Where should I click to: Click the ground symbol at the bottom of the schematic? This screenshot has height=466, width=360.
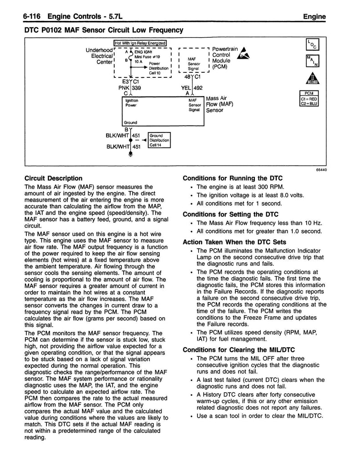[131, 155]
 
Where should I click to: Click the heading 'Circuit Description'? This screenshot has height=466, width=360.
[53, 178]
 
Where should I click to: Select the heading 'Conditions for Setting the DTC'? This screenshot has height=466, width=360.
[230, 214]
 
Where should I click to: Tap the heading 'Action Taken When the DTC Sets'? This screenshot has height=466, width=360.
[234, 242]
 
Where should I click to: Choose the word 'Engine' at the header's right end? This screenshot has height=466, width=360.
[314, 17]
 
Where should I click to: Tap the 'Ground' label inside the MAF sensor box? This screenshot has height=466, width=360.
[131, 122]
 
